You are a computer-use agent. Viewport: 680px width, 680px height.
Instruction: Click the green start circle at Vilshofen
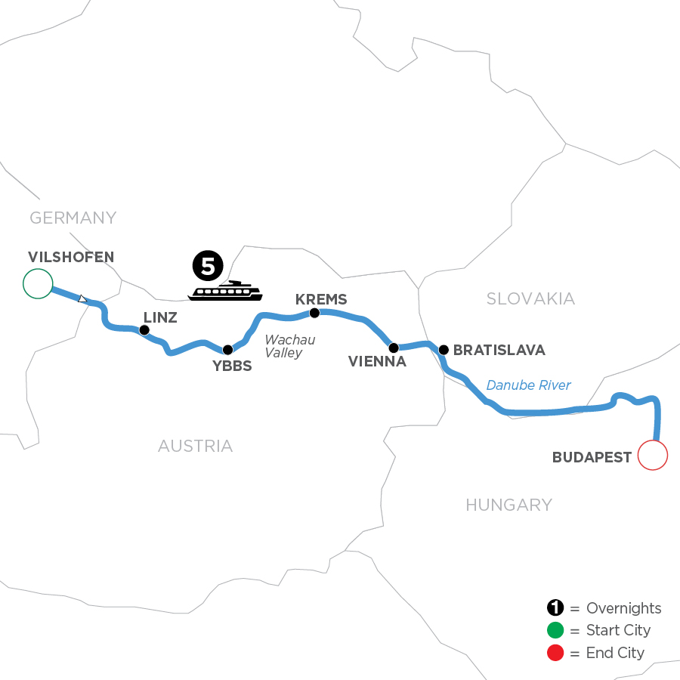coord(38,283)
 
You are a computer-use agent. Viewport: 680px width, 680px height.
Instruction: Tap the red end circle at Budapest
coord(654,456)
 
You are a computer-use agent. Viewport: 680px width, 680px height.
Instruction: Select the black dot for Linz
coord(144,329)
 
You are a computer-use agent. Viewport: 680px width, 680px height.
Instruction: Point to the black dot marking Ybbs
coord(227,350)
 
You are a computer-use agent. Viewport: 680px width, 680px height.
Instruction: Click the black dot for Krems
coord(316,312)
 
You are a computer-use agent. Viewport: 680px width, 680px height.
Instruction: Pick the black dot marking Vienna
coord(393,348)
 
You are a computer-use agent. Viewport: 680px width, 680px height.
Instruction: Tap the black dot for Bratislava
coord(444,350)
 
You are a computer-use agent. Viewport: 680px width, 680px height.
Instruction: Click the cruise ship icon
coord(224,291)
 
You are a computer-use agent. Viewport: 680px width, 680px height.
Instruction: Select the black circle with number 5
coord(208,265)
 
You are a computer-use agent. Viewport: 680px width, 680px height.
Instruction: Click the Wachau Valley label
coord(289,346)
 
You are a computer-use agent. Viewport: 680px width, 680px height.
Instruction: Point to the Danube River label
coord(528,385)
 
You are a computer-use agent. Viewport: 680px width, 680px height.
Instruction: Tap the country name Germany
coord(73,218)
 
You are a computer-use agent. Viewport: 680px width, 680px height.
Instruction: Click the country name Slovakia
coord(530,298)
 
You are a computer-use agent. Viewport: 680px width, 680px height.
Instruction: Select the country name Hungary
coord(508,505)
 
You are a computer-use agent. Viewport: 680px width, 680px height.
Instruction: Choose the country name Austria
coord(195,446)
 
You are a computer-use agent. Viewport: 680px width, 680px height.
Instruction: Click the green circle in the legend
coord(556,630)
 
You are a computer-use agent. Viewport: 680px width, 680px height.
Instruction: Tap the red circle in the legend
coord(556,652)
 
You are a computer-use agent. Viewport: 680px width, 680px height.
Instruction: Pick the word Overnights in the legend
coord(623,608)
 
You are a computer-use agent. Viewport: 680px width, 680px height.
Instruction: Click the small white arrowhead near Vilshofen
coord(83,299)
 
